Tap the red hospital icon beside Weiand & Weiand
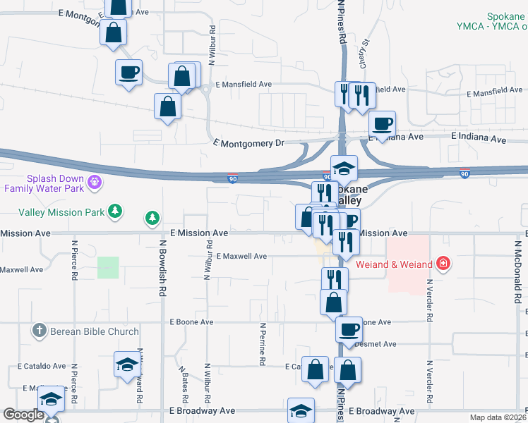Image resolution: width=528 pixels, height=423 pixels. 443,264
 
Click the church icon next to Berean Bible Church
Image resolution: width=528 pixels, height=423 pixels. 40,330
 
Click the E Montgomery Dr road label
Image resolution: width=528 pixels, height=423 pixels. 248,143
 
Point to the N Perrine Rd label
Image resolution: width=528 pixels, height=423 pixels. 262,344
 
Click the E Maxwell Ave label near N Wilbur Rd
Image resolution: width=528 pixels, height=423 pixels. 241,257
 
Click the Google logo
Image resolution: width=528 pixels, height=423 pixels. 23,415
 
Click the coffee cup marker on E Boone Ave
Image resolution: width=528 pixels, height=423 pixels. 348,329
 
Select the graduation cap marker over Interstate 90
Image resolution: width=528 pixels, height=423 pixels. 344,168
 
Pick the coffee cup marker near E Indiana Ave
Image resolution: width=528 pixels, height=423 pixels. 382,124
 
